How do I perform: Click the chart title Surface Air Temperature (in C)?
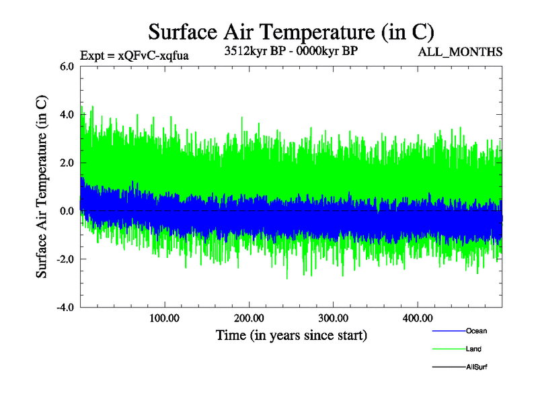[291, 32]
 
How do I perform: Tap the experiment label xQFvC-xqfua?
[134, 55]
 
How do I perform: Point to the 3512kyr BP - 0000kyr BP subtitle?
[291, 51]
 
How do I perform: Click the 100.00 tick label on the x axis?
[164, 318]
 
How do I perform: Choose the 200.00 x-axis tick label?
[248, 318]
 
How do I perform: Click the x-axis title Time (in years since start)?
[291, 334]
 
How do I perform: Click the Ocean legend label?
[476, 331]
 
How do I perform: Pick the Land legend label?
[473, 349]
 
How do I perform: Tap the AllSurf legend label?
[476, 367]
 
